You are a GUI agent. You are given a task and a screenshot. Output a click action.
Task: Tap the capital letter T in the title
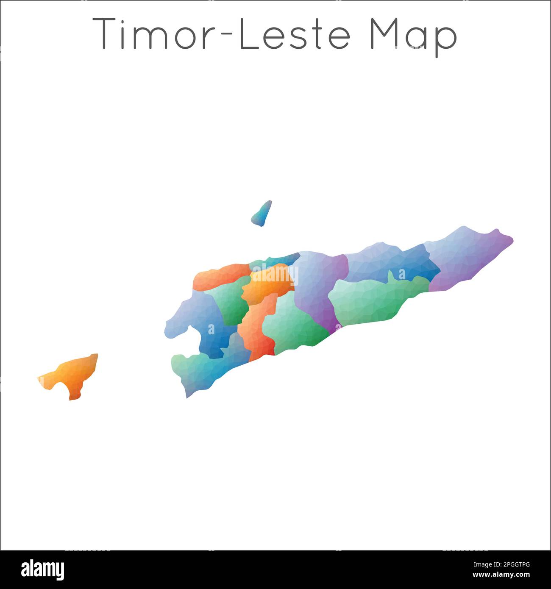tap(104, 34)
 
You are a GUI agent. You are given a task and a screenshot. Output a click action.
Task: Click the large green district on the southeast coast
tap(369, 301)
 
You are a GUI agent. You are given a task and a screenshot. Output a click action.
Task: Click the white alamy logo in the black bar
tap(43, 569)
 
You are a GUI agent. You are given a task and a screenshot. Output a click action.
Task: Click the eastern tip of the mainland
tap(512, 239)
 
